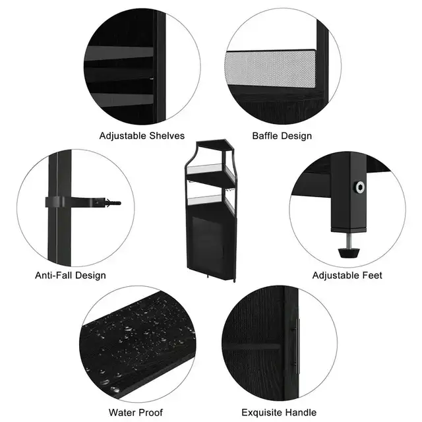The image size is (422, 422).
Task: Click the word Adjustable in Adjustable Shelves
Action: [x=123, y=136]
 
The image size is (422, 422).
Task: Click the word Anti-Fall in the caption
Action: [x=53, y=275]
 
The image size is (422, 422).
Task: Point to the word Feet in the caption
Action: [x=372, y=275]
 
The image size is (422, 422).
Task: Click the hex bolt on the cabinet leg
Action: [x=360, y=187]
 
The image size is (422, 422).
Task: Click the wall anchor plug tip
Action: [x=114, y=202]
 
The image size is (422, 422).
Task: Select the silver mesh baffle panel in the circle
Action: [x=270, y=69]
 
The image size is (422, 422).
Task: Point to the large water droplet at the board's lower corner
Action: [x=115, y=389]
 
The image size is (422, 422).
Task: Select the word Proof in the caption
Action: [x=150, y=412]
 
